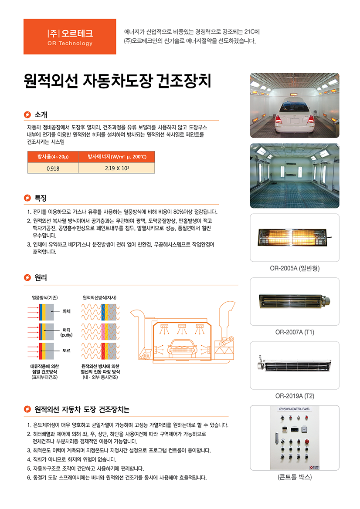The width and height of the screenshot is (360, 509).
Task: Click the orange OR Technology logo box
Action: [70, 37]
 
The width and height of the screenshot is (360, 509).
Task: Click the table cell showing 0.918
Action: [53, 168]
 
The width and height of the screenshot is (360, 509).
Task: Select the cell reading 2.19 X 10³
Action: [117, 168]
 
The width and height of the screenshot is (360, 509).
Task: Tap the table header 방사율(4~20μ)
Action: [53, 157]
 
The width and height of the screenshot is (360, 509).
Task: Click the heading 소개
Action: [41, 115]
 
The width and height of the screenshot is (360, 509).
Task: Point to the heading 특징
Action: [41, 198]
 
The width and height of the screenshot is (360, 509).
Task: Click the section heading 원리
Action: [41, 277]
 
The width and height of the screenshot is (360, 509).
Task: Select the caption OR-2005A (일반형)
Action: [295, 269]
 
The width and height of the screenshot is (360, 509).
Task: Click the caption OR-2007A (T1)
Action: [295, 332]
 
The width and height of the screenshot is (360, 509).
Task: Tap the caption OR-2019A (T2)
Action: [295, 396]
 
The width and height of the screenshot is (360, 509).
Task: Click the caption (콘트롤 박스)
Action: [295, 477]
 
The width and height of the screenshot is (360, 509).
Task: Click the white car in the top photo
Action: [294, 115]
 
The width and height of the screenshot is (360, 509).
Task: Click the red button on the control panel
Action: [306, 442]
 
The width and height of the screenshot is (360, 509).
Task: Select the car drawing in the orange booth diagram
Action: [182, 349]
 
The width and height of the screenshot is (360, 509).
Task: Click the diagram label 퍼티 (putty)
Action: [66, 332]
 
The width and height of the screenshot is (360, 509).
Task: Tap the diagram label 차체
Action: [66, 311]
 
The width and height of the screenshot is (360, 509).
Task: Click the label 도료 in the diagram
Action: [66, 351]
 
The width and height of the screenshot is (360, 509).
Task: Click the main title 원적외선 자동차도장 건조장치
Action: [117, 81]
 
